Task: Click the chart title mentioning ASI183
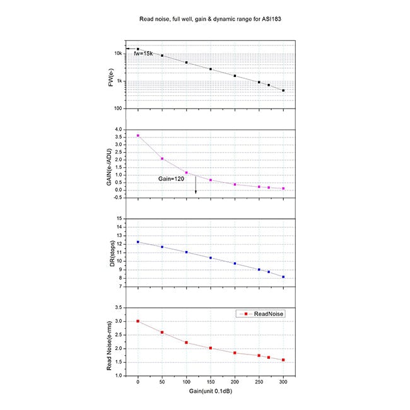coord(204,19)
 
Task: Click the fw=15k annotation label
coord(144,54)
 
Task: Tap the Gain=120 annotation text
coord(170,180)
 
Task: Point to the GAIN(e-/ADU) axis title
coord(110,163)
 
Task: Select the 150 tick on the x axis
coord(211,382)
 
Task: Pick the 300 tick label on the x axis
coord(283,382)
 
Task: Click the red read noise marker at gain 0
coord(138,321)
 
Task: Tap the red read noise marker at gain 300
coord(283,360)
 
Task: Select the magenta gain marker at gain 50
coord(162,158)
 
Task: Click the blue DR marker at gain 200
coord(235,264)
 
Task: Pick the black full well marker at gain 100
coord(187,62)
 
